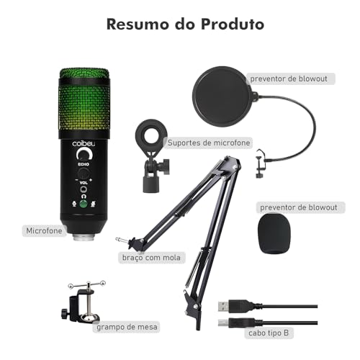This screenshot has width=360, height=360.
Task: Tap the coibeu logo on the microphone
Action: pyautogui.click(x=83, y=143)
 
